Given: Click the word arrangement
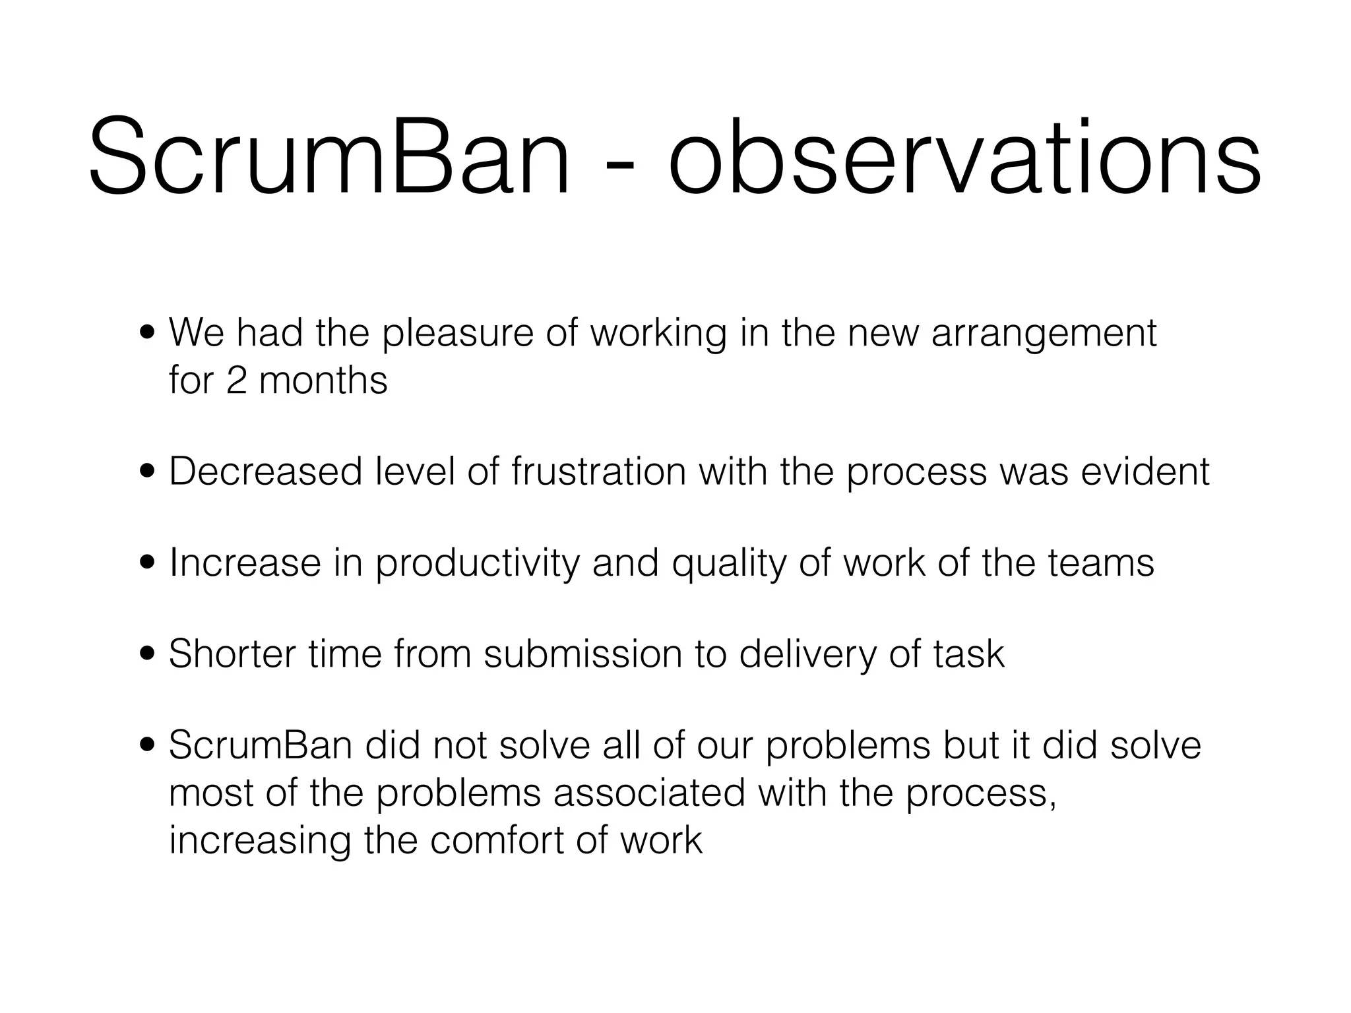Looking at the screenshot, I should click(x=1044, y=334).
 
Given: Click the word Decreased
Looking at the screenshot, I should click(x=266, y=472).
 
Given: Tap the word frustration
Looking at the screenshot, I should click(x=598, y=472).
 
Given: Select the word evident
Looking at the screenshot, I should click(x=1145, y=472).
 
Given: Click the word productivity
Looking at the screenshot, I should click(x=478, y=564).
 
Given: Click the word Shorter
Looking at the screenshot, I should click(x=232, y=654).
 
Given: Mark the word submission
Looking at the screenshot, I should click(x=583, y=654).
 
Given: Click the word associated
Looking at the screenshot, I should click(x=649, y=793).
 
